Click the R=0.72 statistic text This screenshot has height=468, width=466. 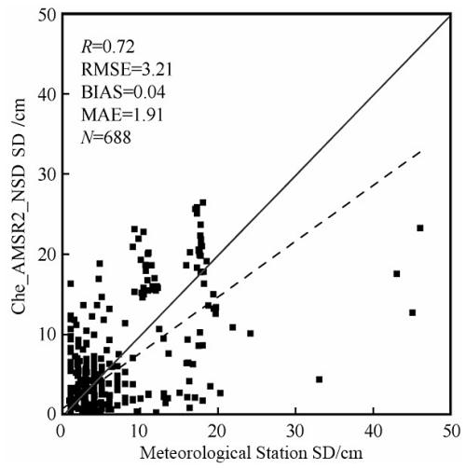tap(108, 47)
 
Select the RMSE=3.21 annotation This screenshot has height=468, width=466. tap(127, 69)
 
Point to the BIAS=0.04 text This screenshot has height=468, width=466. tap(123, 92)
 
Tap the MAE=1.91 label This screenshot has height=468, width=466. tap(122, 115)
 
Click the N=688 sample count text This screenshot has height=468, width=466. tap(106, 137)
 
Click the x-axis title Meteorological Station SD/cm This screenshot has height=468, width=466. tap(252, 453)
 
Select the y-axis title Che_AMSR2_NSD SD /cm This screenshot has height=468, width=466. tap(19, 206)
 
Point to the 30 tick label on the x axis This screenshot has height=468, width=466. tap(295, 432)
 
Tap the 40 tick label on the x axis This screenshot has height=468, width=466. tap(373, 432)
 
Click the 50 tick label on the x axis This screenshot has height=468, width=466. tap(450, 432)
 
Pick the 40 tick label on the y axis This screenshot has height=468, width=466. tap(47, 93)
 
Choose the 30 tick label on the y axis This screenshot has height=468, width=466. tap(47, 173)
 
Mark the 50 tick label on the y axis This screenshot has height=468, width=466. tap(47, 16)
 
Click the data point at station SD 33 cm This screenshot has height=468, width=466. tap(319, 379)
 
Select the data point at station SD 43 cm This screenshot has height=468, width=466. tap(397, 274)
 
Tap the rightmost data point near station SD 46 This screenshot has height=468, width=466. tap(420, 228)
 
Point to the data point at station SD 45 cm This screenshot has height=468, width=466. tap(412, 312)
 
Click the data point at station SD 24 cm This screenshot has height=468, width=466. tap(251, 334)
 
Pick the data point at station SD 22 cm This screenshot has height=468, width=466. tap(233, 327)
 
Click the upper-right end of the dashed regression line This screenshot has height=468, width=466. tap(420, 151)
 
